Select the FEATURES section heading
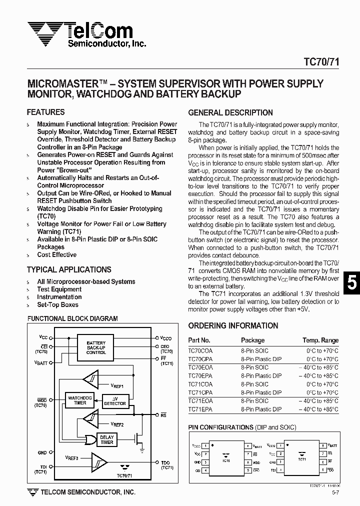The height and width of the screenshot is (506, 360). [x=45, y=112]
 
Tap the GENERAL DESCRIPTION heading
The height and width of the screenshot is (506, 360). [x=230, y=112]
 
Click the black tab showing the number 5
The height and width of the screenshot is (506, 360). [x=351, y=283]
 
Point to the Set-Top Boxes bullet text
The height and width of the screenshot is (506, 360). [x=57, y=304]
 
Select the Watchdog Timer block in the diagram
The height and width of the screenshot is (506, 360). [x=80, y=400]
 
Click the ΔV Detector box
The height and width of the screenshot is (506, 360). [x=114, y=401]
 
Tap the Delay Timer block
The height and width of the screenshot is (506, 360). [x=106, y=439]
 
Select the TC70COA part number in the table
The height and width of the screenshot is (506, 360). [x=200, y=351]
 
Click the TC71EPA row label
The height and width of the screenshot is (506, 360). [x=200, y=409]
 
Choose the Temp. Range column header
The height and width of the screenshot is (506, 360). [x=320, y=340]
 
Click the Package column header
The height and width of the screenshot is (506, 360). [x=252, y=340]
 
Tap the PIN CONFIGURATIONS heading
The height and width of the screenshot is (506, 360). [x=220, y=427]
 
